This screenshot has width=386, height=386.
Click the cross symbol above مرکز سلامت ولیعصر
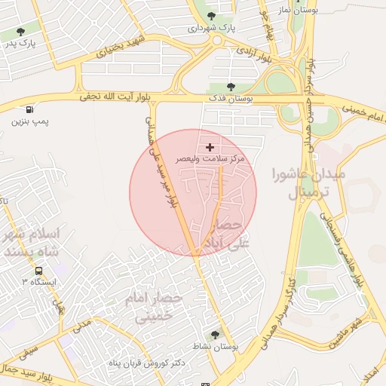pyautogui.click(x=210, y=147)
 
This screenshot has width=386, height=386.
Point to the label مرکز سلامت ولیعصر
pyautogui.click(x=210, y=159)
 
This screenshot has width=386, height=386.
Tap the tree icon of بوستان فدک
pyautogui.click(x=231, y=87)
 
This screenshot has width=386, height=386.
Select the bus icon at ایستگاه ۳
pyautogui.click(x=38, y=271)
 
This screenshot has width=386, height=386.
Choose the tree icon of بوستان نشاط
pyautogui.click(x=216, y=334)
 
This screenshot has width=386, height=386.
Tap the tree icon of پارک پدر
pyautogui.click(x=20, y=32)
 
